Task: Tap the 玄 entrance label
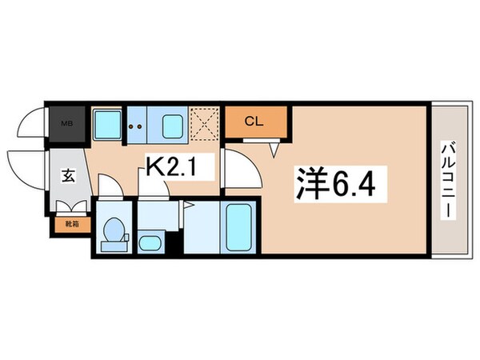(x=66, y=177)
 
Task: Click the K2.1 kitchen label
(x=178, y=166)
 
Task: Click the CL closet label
(x=254, y=122)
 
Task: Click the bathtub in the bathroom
(x=238, y=227)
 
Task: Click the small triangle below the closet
(x=273, y=149)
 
